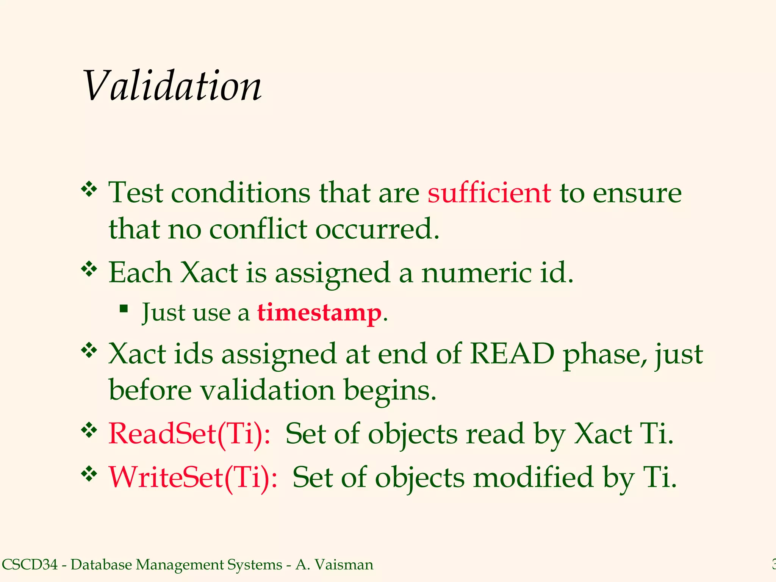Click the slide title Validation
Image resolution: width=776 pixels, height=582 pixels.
point(172,86)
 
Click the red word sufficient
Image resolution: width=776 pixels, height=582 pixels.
point(489,193)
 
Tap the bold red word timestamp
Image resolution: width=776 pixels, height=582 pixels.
point(319,313)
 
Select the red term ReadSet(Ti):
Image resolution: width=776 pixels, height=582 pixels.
point(189,433)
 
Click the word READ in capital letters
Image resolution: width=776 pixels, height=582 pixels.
point(512,354)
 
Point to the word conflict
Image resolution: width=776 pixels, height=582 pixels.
point(258,229)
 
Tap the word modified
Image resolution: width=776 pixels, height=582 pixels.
point(534,477)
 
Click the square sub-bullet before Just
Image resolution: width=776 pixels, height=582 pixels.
point(124,308)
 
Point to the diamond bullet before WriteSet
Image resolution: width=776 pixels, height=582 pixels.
point(89,474)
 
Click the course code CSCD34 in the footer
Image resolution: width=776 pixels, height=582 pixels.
point(30,565)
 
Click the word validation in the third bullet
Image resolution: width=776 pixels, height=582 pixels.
point(268,390)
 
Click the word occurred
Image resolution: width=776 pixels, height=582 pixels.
point(377,229)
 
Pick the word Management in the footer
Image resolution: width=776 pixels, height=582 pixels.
point(180,565)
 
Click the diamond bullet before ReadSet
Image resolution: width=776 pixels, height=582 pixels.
point(89,430)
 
